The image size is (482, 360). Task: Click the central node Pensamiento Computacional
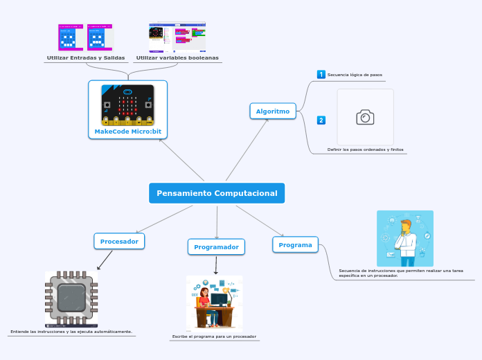(217, 193)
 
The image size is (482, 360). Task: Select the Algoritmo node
(273, 111)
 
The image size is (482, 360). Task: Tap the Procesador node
(120, 241)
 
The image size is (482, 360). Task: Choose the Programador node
(216, 246)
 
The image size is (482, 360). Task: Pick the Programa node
(295, 244)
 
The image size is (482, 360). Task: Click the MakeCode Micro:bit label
(127, 131)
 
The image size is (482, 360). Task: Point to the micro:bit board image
(127, 105)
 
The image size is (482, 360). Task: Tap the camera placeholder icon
(365, 117)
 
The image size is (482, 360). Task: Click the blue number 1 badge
(321, 75)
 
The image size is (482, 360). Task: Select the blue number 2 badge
(321, 120)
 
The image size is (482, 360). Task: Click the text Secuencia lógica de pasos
(355, 75)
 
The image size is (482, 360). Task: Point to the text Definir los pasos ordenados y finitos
(365, 150)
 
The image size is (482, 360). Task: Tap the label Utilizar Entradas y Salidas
(86, 57)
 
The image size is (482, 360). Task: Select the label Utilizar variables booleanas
(177, 57)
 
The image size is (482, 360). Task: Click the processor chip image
(71, 298)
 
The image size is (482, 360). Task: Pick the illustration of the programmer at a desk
(215, 303)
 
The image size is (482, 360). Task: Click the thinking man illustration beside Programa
(405, 238)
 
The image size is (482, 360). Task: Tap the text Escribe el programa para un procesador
(214, 336)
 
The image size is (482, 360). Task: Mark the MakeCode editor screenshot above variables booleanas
(177, 37)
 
